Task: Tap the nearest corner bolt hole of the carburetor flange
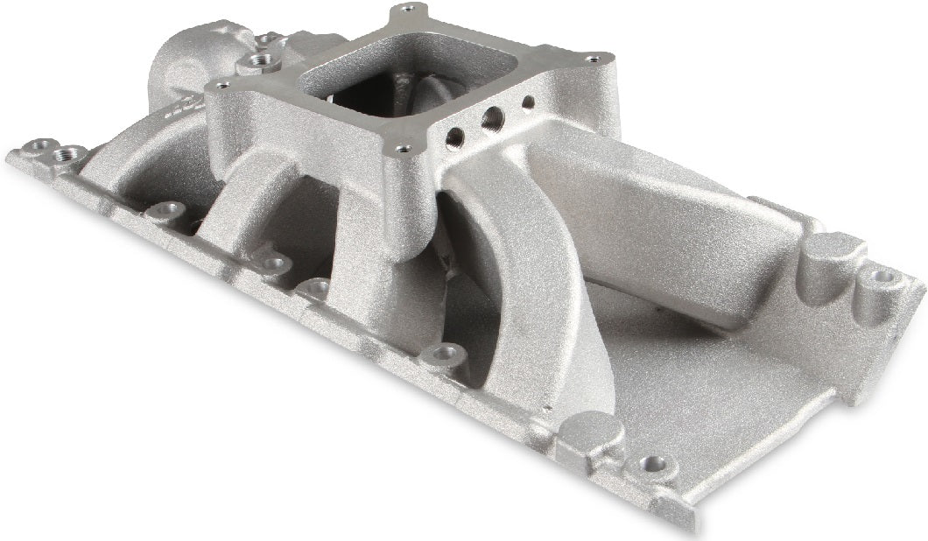(x=403, y=150)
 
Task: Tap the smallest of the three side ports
(x=528, y=102)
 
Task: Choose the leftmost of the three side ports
(x=456, y=135)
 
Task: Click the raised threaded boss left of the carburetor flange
(x=257, y=61)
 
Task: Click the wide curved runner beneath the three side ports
(x=517, y=280)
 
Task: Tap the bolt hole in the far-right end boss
(x=882, y=277)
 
